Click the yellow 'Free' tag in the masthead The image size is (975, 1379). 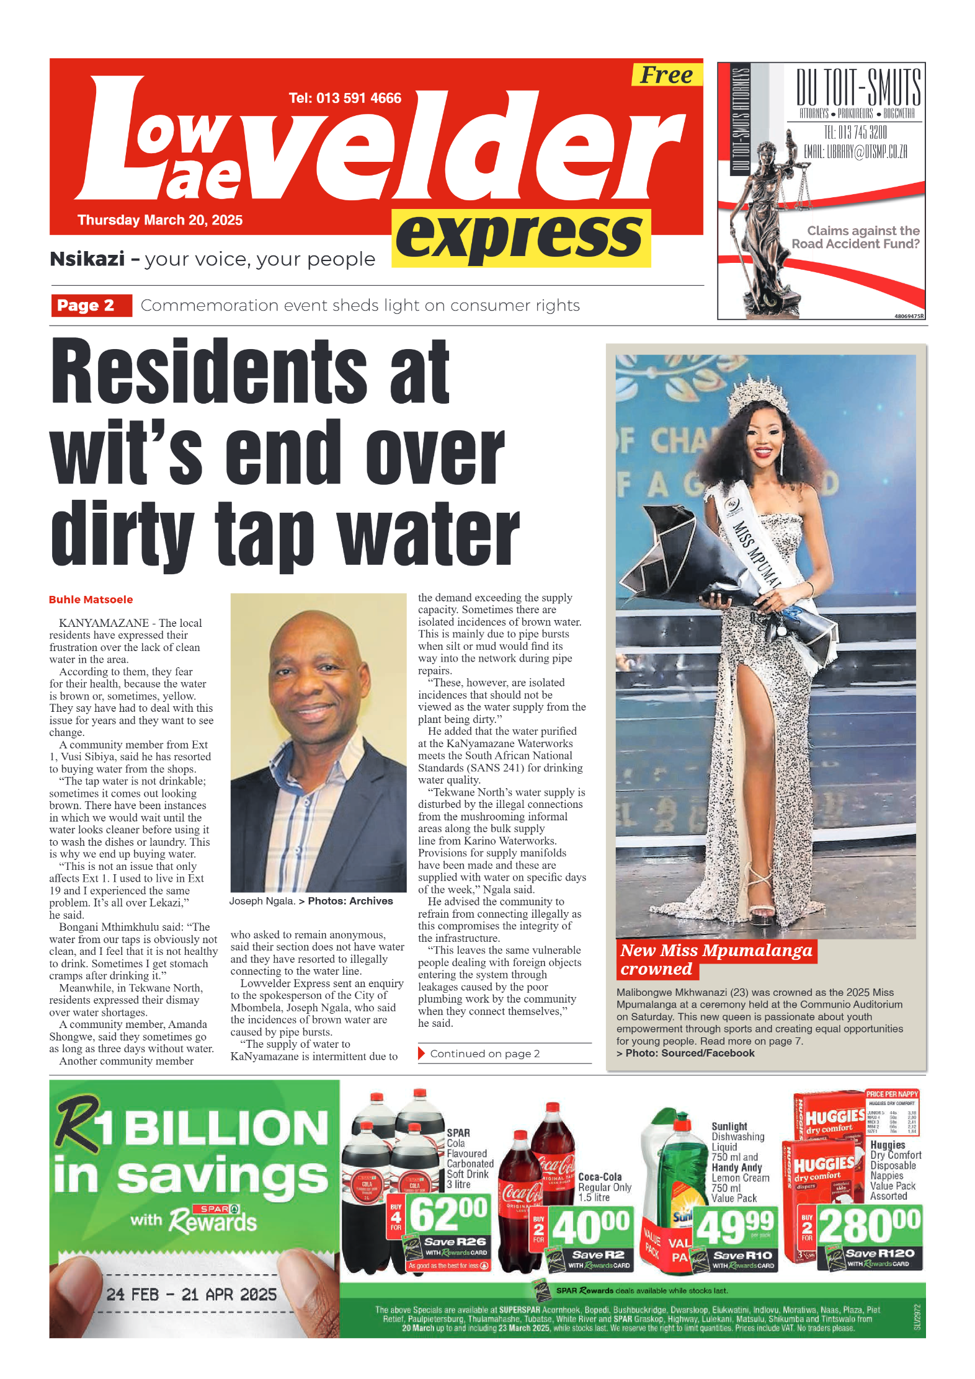click(666, 75)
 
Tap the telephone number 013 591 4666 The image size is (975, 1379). click(345, 98)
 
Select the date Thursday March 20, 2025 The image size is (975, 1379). click(160, 220)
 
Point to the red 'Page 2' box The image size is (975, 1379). click(91, 305)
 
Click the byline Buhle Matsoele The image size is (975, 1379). click(91, 600)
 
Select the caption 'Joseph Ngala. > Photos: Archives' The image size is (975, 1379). click(311, 901)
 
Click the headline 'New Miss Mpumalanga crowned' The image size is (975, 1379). click(716, 959)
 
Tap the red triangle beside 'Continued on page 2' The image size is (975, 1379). click(422, 1053)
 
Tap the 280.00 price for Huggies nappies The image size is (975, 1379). click(869, 1225)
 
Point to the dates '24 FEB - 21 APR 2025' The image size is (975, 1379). click(191, 1295)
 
